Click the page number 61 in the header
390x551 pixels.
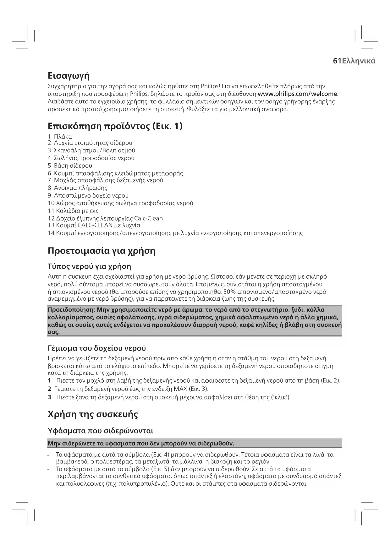(337, 61)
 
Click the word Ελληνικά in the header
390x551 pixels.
(359, 61)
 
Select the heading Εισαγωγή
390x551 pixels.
(69, 76)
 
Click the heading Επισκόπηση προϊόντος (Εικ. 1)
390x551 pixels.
(115, 126)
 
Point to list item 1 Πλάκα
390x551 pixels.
(60, 137)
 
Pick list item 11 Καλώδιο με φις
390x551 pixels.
(73, 211)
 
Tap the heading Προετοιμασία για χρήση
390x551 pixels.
(102, 251)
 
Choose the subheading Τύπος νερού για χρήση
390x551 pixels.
(89, 266)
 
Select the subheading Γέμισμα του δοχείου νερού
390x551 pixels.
(97, 348)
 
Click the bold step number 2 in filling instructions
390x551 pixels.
(49, 389)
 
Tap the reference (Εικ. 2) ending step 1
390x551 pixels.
(331, 381)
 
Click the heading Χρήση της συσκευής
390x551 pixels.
(93, 414)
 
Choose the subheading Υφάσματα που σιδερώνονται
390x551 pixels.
(100, 430)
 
